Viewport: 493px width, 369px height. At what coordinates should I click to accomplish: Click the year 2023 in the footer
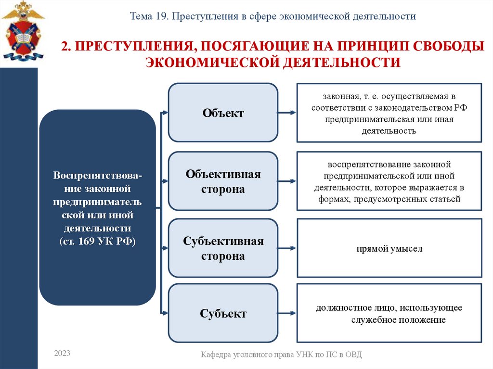[x=62, y=354]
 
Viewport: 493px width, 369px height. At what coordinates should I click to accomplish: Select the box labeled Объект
[x=223, y=113]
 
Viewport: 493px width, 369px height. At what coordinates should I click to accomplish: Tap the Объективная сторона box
[x=223, y=181]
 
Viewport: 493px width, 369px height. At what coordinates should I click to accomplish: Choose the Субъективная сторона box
[x=223, y=248]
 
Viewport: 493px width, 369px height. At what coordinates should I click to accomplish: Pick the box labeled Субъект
[x=223, y=314]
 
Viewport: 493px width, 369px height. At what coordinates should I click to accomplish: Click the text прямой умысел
[x=389, y=249]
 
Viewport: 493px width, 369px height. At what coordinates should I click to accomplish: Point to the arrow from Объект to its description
[x=287, y=113]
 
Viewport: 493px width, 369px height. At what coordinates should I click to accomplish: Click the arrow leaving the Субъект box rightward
[x=287, y=314]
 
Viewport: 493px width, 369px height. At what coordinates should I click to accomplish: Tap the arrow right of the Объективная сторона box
[x=287, y=181]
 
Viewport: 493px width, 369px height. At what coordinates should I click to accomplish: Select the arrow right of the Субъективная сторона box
[x=287, y=248]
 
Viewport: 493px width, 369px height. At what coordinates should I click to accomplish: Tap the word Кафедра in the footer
[x=215, y=355]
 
